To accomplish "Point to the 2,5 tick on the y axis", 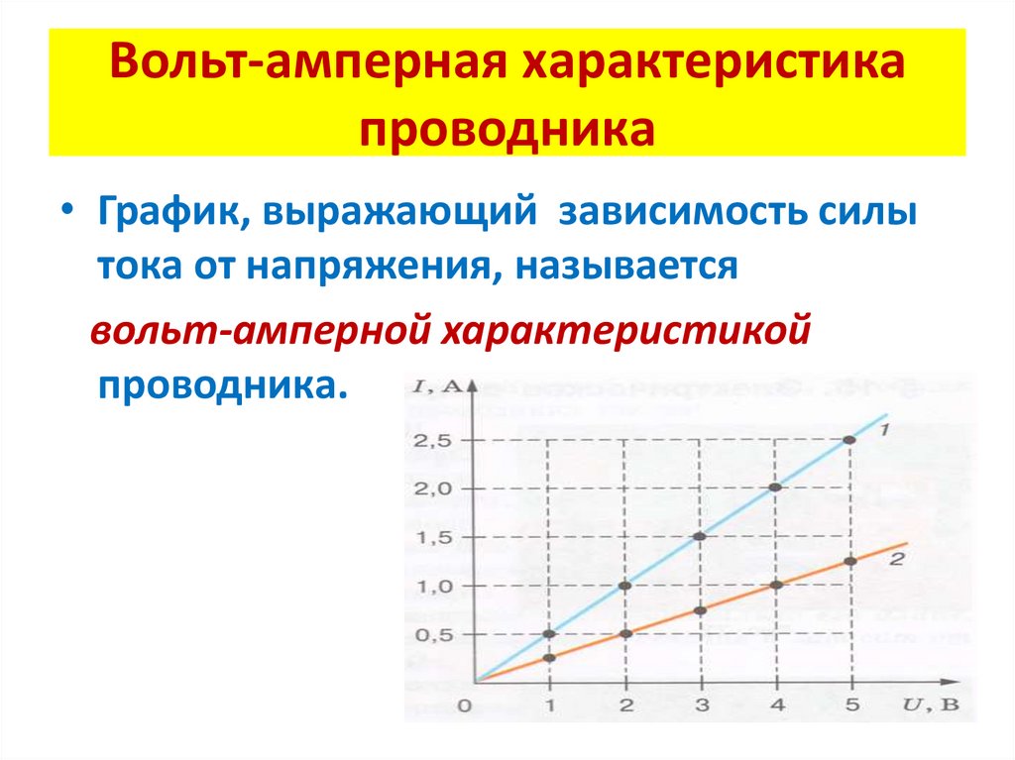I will click(433, 440).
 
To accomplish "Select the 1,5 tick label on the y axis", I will click(433, 537).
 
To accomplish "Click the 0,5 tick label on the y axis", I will click(433, 634).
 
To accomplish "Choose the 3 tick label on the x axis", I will click(701, 706).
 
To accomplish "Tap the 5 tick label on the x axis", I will click(851, 706).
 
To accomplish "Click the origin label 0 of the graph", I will click(463, 706).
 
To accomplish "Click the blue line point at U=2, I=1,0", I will click(624, 585).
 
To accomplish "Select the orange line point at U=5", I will click(850, 561).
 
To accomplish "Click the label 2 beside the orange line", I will click(897, 560).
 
